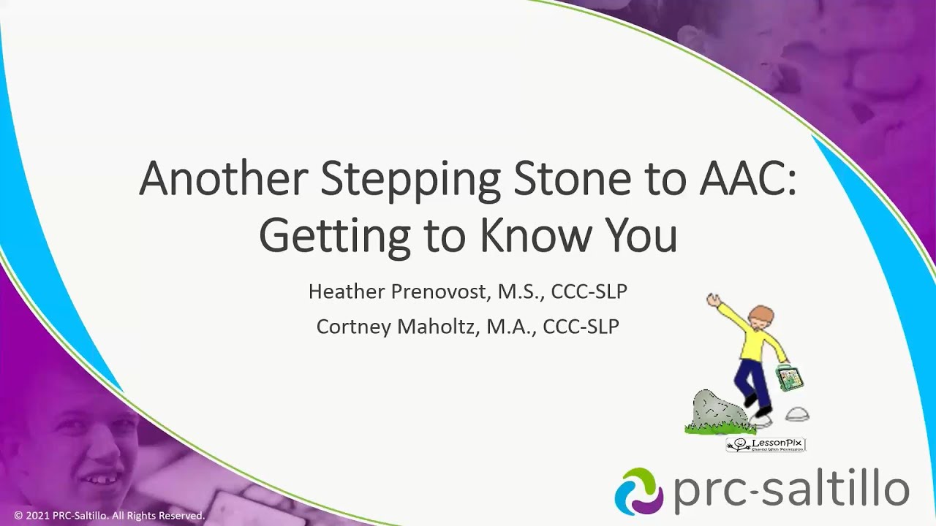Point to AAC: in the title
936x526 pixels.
(747, 178)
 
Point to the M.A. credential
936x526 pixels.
(520, 327)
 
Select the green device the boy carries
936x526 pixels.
(790, 377)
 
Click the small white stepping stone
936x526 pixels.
(797, 415)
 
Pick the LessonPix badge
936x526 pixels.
(766, 444)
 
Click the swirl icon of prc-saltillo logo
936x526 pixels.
(638, 491)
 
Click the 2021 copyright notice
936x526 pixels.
(110, 516)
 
